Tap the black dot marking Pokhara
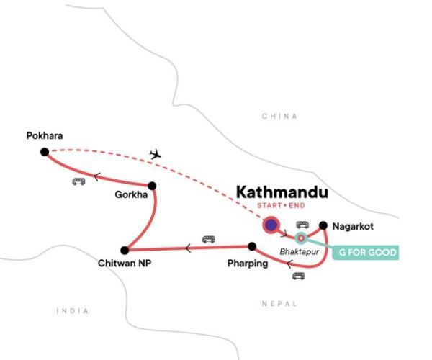(45, 151)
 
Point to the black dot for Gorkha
(152, 186)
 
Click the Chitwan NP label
(125, 264)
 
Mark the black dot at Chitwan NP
(125, 250)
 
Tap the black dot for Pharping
(252, 246)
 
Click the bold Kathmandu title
(282, 193)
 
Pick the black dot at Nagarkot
(324, 225)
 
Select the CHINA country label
(279, 116)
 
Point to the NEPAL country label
(279, 304)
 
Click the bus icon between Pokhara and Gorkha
(78, 181)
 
